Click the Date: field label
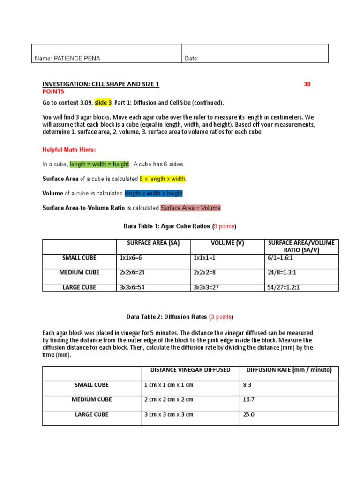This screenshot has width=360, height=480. tap(192, 59)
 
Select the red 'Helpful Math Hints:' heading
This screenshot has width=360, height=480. tap(68, 150)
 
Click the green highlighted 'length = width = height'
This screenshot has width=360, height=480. tap(99, 164)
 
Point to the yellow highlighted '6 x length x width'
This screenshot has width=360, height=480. tap(163, 179)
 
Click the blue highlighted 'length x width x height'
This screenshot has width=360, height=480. tap(154, 193)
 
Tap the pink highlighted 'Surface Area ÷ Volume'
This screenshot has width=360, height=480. tap(190, 208)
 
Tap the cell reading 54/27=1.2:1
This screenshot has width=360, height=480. tap(282, 287)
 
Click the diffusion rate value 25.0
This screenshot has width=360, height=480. tap(248, 414)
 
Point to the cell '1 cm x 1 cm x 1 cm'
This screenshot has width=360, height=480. tap(169, 385)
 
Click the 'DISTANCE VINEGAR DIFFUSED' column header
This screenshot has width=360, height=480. tap(190, 370)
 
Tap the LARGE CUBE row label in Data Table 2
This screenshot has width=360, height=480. tap(91, 414)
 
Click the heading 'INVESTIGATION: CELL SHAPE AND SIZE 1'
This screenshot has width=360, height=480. tap(101, 84)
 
